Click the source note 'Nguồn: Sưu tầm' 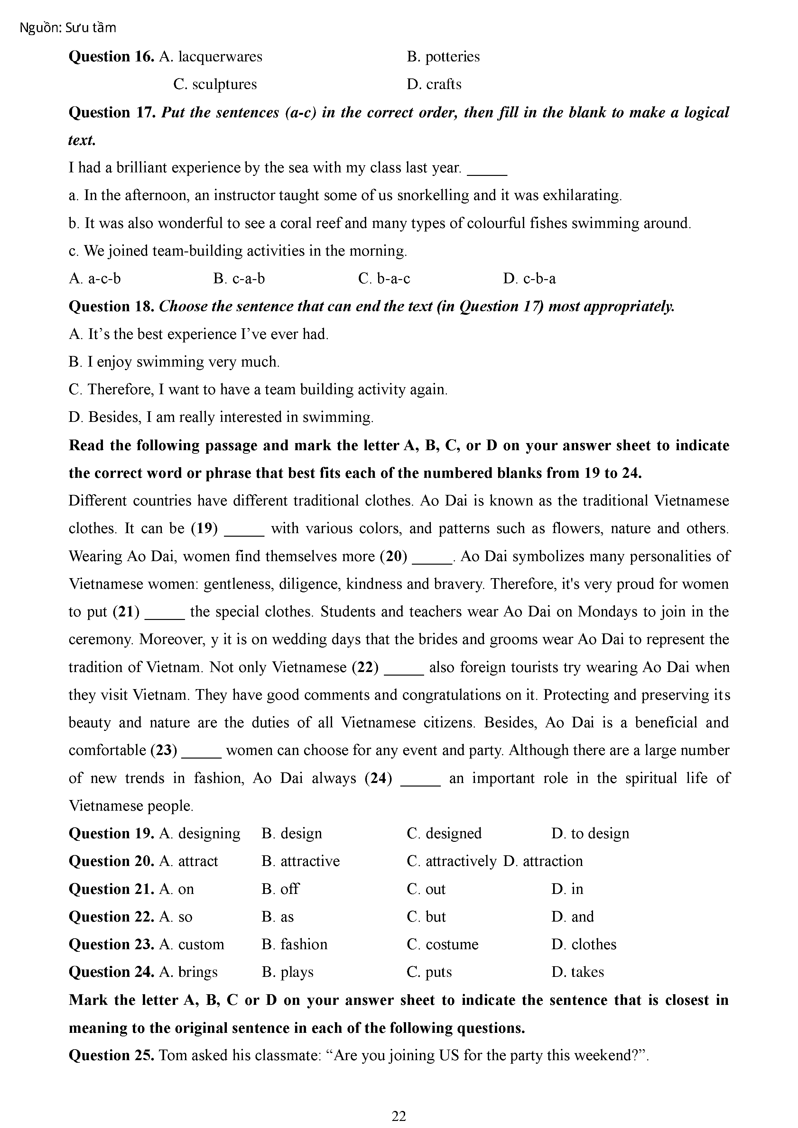point(68,28)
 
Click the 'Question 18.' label point(112,306)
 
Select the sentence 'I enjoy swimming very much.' point(183,362)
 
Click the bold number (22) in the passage point(365,667)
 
